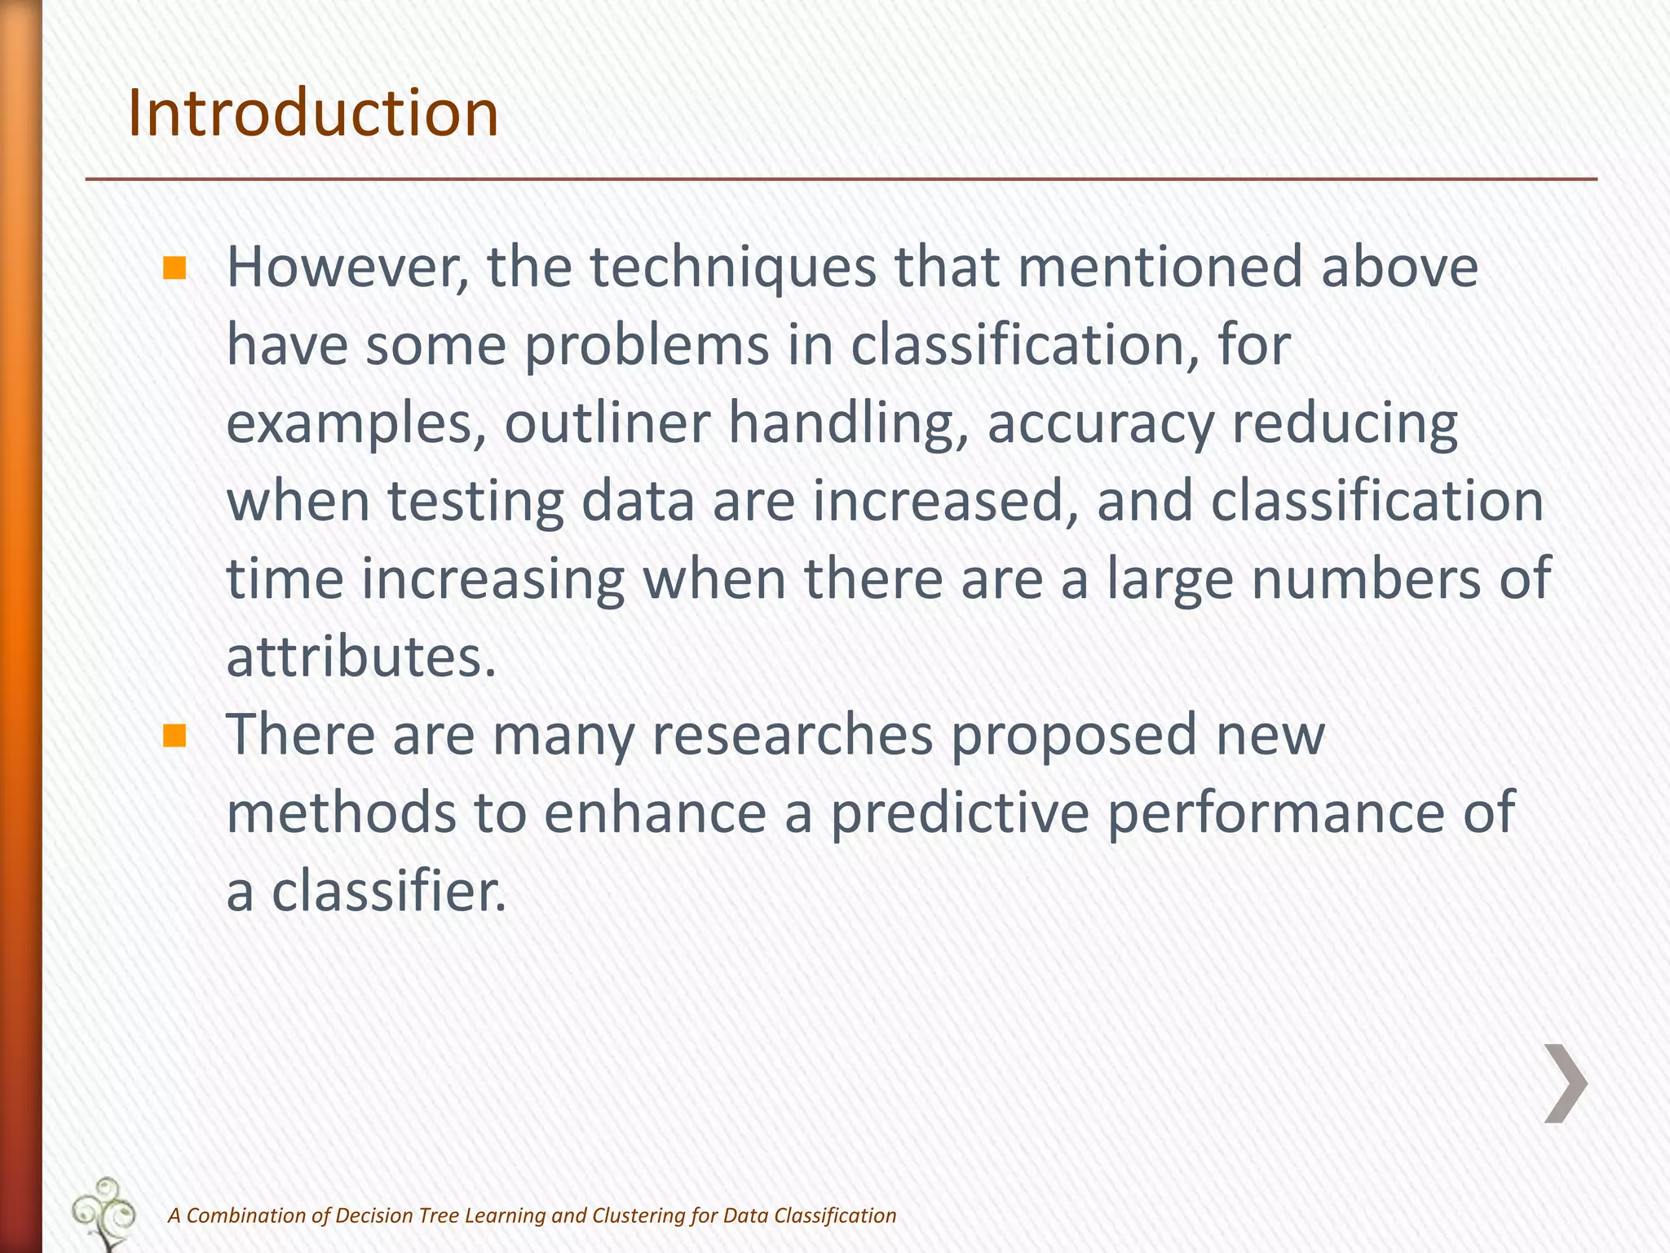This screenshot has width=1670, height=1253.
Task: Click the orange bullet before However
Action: pyautogui.click(x=175, y=268)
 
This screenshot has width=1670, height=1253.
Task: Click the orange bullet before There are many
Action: pyautogui.click(x=175, y=736)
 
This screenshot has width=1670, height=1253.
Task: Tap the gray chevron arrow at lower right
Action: pyautogui.click(x=1565, y=1083)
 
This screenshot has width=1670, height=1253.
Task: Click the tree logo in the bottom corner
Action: pyautogui.click(x=104, y=1213)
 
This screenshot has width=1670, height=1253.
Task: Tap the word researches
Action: pyautogui.click(x=792, y=735)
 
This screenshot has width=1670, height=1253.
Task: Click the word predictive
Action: pyautogui.click(x=959, y=813)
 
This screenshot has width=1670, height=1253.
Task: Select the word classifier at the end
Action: pyautogui.click(x=388, y=891)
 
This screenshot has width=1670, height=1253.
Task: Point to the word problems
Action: pyautogui.click(x=647, y=346)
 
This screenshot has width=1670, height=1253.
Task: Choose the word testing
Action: pyautogui.click(x=475, y=502)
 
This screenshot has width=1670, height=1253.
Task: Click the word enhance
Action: pyautogui.click(x=655, y=813)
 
